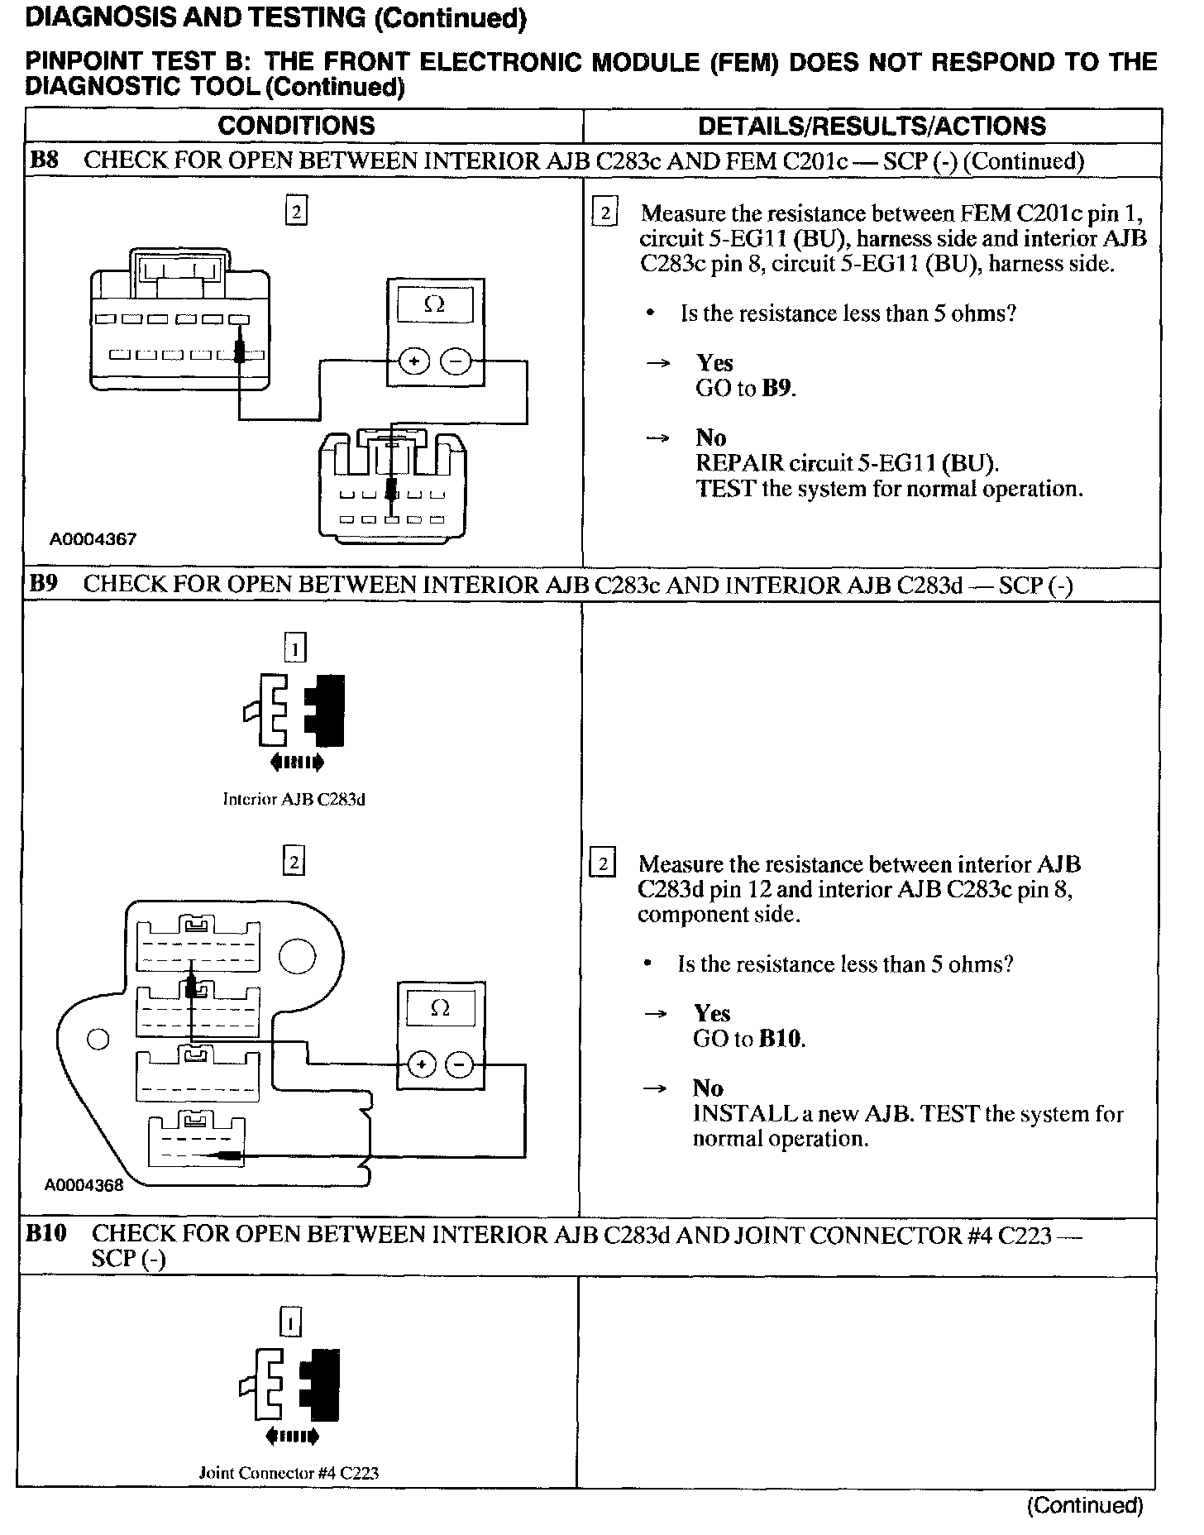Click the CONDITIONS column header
point(296,126)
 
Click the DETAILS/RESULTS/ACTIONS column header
point(872,126)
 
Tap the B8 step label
point(44,160)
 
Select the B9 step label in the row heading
point(44,584)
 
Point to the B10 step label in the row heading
point(46,1234)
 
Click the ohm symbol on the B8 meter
point(435,304)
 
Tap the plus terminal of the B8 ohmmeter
point(414,361)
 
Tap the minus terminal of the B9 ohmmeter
point(460,1064)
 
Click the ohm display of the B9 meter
point(441,1008)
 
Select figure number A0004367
point(93,539)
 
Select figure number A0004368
point(84,1184)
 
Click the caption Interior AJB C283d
point(294,799)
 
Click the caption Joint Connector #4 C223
point(289,1473)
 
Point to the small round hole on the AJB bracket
point(98,1039)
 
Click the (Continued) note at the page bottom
point(1085,1505)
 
